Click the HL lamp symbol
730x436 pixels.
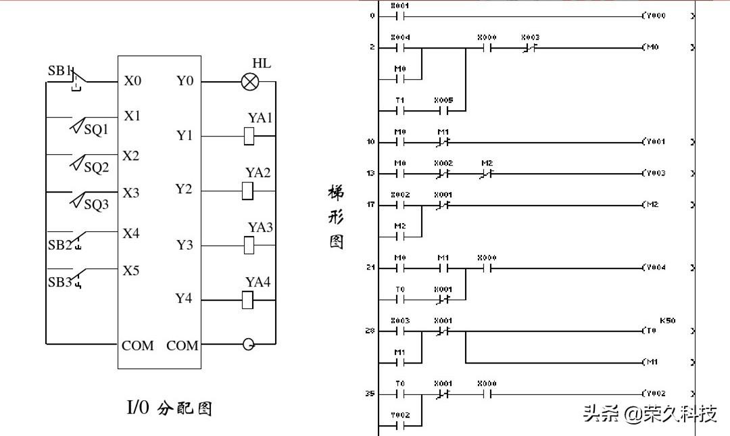point(250,82)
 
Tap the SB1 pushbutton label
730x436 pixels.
point(59,71)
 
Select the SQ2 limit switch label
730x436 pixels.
point(96,168)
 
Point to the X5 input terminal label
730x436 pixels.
point(131,271)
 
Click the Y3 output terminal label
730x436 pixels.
point(185,245)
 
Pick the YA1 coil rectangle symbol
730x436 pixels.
point(249,137)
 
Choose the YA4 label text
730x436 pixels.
point(258,282)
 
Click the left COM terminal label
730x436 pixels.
point(138,345)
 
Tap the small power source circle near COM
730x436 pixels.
point(249,345)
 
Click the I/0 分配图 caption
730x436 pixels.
point(170,408)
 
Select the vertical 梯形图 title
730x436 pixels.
point(336,217)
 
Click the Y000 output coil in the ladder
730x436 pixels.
point(654,15)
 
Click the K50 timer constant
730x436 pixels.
point(667,320)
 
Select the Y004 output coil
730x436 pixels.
point(654,268)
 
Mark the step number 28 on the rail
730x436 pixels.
point(370,331)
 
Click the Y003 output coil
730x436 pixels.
point(654,173)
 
